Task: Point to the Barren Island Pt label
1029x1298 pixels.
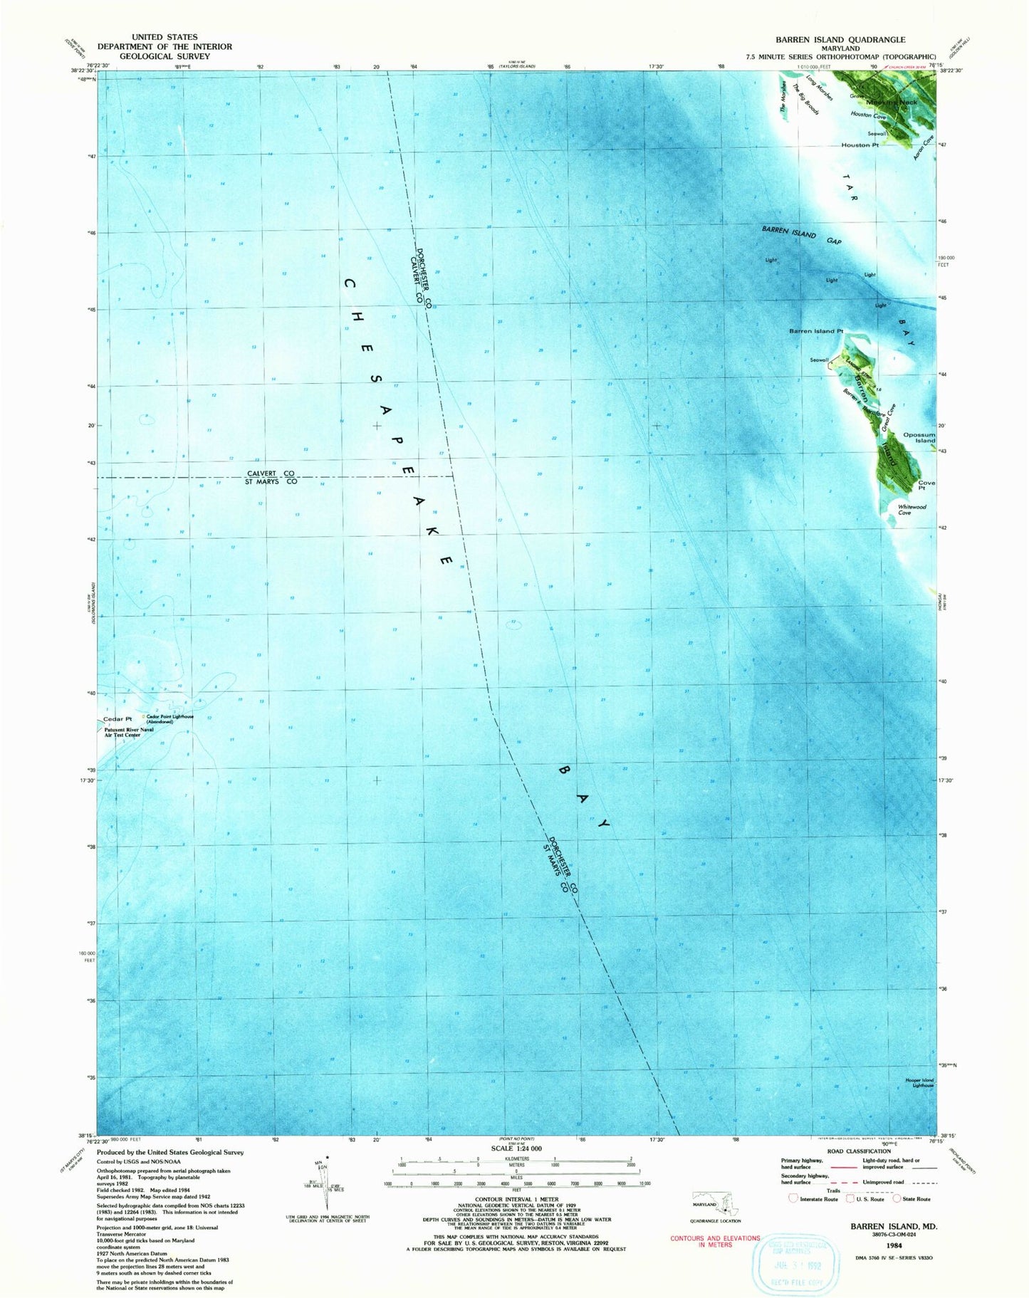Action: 815,331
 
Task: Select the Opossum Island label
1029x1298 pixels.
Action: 919,438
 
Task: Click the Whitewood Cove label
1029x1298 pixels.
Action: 912,510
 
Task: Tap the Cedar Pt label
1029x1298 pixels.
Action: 117,719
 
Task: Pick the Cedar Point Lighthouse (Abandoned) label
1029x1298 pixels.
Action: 169,718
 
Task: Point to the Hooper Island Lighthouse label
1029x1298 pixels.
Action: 919,1083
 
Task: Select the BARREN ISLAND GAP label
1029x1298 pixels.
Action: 801,235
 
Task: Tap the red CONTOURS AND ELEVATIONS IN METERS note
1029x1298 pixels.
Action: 715,1242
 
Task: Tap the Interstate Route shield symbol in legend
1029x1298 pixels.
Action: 793,1198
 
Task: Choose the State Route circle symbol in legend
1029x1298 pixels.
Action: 897,1198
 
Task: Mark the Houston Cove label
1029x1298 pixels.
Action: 867,115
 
